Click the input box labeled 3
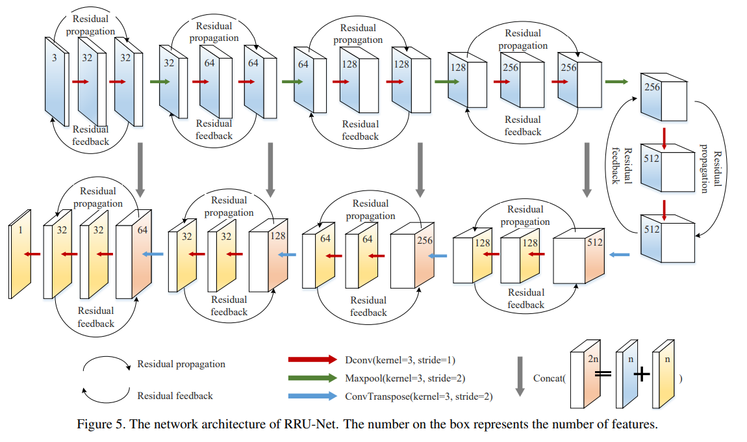click(x=56, y=81)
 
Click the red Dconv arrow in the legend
click(x=314, y=359)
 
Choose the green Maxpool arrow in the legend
click(x=314, y=378)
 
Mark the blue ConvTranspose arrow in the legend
click(x=314, y=396)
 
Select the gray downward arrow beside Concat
click(x=520, y=375)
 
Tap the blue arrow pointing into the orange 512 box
click(x=621, y=255)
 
